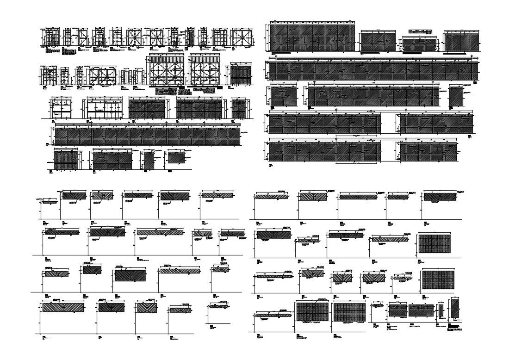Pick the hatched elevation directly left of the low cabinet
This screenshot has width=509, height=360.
[378, 42]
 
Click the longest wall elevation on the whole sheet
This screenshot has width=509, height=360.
[372, 71]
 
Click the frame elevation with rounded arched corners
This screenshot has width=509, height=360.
[102, 76]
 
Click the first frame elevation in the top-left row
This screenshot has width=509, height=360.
[52, 37]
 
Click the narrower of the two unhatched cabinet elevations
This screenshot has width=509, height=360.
[61, 107]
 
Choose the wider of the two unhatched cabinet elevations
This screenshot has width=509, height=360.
[105, 107]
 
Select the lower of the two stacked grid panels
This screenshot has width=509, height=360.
[438, 280]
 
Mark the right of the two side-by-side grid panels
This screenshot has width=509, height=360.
[349, 312]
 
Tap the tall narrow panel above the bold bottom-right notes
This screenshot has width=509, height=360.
[455, 309]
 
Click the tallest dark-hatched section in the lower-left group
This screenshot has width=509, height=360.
[130, 275]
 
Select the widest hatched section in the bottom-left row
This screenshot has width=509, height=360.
[63, 307]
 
